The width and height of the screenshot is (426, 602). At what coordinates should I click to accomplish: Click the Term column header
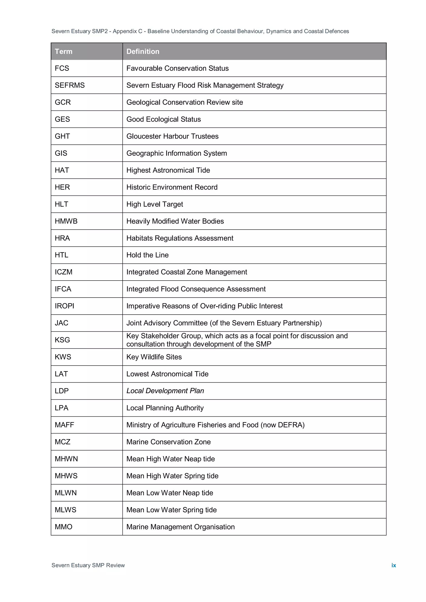(63, 51)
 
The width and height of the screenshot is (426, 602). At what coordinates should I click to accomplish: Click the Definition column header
(143, 51)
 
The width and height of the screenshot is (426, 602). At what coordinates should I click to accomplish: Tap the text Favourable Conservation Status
(177, 68)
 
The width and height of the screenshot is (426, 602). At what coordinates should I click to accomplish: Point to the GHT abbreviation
(62, 136)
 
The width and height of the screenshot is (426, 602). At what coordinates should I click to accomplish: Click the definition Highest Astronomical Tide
(168, 170)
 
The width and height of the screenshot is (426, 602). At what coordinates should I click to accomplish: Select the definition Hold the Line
(147, 255)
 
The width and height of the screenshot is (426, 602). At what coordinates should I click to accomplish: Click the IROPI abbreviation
(64, 306)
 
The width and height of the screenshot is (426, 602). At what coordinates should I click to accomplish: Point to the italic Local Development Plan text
(165, 391)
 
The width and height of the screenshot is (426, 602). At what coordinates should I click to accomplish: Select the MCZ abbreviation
(62, 442)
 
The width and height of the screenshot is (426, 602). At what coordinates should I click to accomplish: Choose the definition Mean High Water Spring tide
(172, 476)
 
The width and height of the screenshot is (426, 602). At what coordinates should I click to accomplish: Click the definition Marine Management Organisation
(180, 527)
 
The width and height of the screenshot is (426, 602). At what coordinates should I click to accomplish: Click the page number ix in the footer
(394, 565)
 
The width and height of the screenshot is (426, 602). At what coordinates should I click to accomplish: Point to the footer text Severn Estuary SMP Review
(88, 565)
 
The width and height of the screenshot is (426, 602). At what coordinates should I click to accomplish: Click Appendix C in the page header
(127, 31)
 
